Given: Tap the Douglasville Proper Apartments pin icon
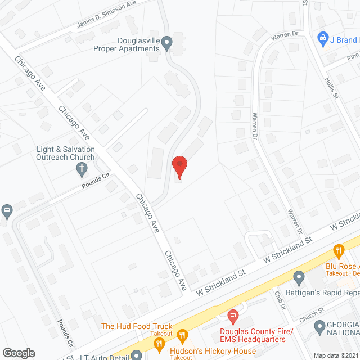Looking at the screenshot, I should point(167,42).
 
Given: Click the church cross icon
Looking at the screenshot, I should point(82,168).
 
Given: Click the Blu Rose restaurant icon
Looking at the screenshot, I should point(339,250).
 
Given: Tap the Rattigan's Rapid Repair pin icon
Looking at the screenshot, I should point(299,277).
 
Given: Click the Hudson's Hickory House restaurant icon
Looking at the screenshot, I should point(182,337).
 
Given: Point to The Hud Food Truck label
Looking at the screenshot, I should point(137,326).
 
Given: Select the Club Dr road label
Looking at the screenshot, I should point(280,298).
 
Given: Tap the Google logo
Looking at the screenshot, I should point(19,353).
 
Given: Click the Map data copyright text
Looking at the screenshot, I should point(336,355).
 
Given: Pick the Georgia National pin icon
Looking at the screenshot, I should point(320,326).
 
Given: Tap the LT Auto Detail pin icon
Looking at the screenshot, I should point(137,355).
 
